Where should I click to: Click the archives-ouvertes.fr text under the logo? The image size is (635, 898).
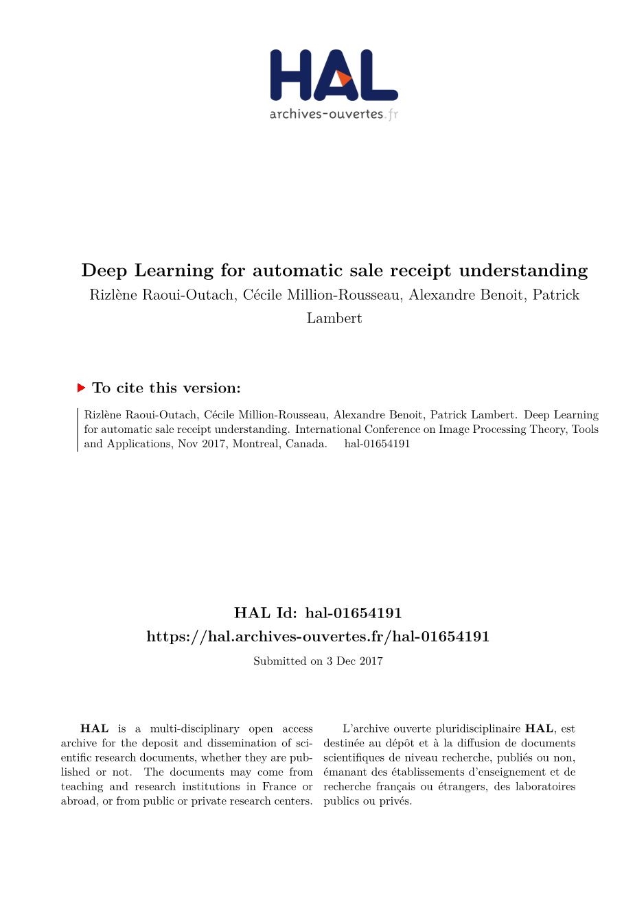tap(334, 115)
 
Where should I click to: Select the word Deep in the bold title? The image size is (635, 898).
tap(103, 270)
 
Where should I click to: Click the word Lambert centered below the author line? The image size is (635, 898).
tap(334, 318)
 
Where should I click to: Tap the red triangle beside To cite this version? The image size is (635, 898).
tap(81, 388)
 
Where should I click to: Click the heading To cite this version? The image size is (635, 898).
tap(166, 388)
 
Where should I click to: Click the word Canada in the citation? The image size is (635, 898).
tap(306, 444)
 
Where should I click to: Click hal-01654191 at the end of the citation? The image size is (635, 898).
tap(377, 444)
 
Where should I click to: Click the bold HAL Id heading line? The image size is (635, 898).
tap(318, 613)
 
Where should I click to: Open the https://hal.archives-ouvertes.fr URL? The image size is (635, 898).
tap(318, 637)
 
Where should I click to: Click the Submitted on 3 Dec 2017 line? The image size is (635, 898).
tap(318, 661)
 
